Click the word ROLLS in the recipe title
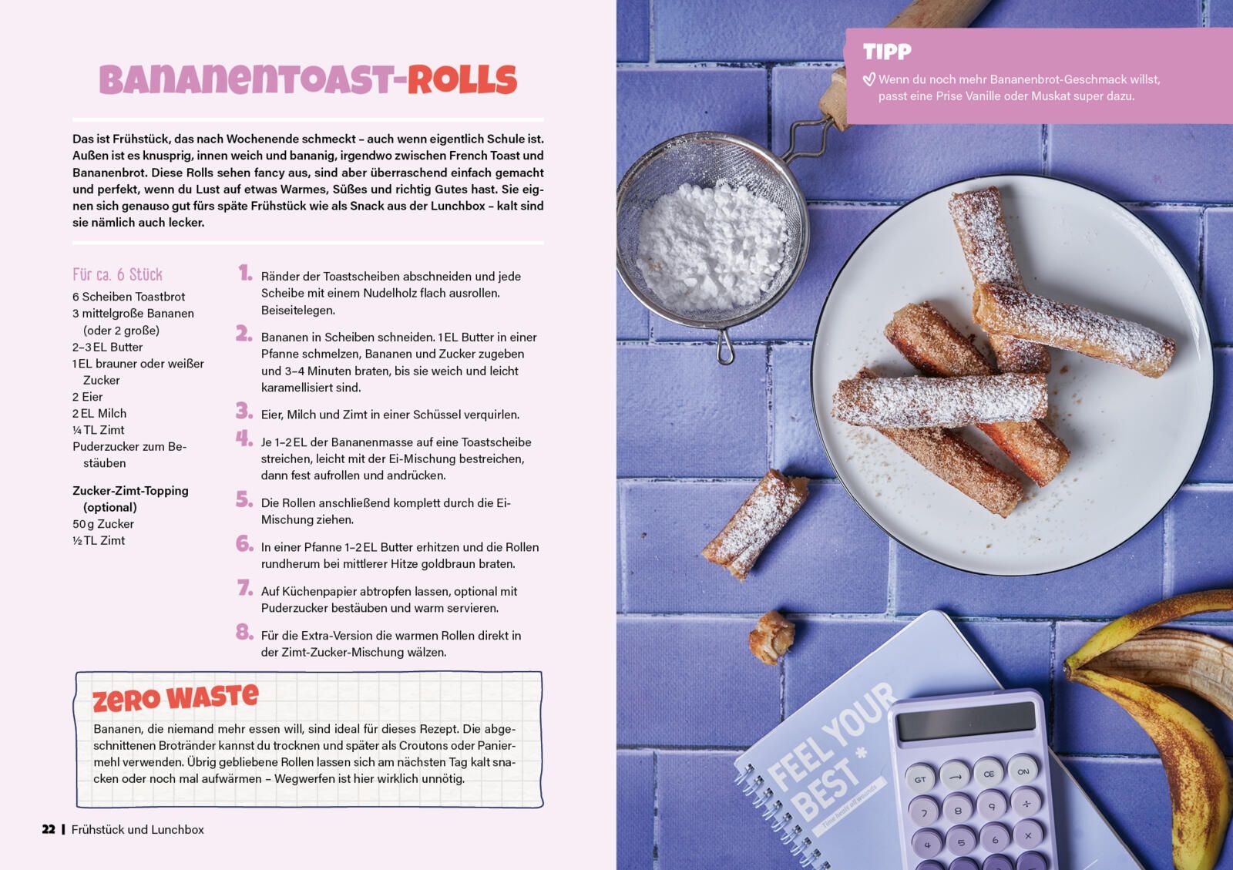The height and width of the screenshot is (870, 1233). pos(462,80)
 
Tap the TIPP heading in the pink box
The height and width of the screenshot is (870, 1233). pos(887,52)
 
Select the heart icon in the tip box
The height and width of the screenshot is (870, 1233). pos(868,80)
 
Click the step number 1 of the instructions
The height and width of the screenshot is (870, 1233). pos(245,272)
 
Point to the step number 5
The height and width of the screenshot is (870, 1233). pos(244,499)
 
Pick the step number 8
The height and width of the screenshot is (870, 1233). pos(244,632)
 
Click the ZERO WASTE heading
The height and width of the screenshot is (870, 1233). pos(175,697)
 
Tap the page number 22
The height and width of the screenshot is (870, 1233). pos(49,829)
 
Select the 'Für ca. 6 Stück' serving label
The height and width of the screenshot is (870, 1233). pos(117,274)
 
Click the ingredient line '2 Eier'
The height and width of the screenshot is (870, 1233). pos(88,397)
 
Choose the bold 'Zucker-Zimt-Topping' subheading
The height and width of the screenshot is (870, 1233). pos(130,491)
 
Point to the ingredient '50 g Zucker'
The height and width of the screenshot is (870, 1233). pos(103,524)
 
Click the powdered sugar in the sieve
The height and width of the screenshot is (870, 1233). pos(712,245)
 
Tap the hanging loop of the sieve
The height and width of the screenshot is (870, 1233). pos(724,348)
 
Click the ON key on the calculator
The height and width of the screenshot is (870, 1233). pos(1023,771)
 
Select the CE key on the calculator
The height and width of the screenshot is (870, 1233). pos(989,774)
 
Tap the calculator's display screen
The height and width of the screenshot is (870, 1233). pos(966,721)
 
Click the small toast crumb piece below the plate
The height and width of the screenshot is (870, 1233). pos(771,637)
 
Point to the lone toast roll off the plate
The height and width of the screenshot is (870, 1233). pos(754,525)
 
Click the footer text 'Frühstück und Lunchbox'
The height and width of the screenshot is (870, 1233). pos(138,829)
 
